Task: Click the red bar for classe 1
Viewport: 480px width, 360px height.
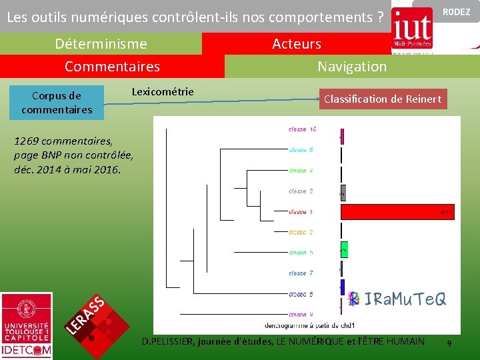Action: tap(397, 212)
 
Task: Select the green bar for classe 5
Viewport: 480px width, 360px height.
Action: tap(344, 250)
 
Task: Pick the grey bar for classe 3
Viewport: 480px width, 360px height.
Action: tap(343, 193)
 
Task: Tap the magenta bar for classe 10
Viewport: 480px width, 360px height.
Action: tap(342, 135)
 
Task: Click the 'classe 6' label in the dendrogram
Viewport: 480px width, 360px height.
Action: tap(301, 150)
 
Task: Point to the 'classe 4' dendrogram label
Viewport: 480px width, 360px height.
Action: tap(301, 171)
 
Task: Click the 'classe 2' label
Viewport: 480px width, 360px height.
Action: tap(301, 232)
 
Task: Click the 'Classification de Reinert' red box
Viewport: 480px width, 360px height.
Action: tap(382, 99)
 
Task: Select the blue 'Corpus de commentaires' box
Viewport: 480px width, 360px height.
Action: tap(57, 103)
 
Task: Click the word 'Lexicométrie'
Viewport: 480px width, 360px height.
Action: tap(163, 91)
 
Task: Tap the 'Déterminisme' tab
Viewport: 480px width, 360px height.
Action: tap(101, 44)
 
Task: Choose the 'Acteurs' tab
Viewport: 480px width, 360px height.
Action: tap(296, 44)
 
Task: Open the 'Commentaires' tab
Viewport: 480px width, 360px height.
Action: tap(112, 67)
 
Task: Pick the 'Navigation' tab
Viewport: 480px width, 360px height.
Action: tap(351, 67)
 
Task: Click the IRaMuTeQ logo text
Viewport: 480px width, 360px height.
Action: tap(398, 299)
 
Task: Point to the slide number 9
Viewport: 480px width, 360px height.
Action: tap(449, 343)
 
